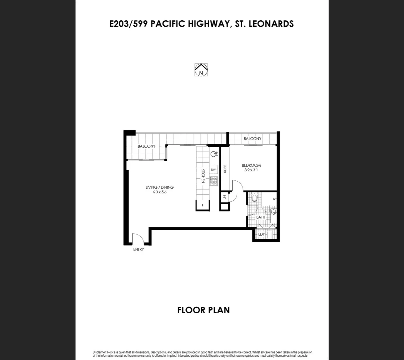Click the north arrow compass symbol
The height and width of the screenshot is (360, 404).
click(x=201, y=70)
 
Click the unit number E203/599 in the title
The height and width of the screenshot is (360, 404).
click(x=129, y=24)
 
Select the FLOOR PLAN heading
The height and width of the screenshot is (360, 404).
click(x=203, y=310)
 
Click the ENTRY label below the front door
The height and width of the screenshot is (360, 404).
click(x=138, y=249)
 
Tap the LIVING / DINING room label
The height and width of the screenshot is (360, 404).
click(x=159, y=187)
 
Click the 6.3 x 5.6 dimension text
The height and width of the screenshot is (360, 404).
click(x=159, y=192)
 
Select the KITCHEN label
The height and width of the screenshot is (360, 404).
click(x=203, y=175)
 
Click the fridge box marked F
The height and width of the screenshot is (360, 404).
click(x=203, y=205)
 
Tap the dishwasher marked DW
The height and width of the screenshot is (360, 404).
click(x=214, y=170)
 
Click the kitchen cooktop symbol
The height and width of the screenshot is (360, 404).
click(x=214, y=181)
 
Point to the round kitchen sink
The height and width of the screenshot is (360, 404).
click(x=214, y=154)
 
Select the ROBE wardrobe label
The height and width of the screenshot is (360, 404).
click(x=225, y=168)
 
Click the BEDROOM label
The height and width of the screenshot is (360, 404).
click(x=251, y=165)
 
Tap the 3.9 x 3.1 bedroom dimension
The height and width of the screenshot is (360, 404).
click(x=251, y=170)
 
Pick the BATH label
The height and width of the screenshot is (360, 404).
click(x=261, y=217)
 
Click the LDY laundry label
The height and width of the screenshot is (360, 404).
click(x=262, y=234)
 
